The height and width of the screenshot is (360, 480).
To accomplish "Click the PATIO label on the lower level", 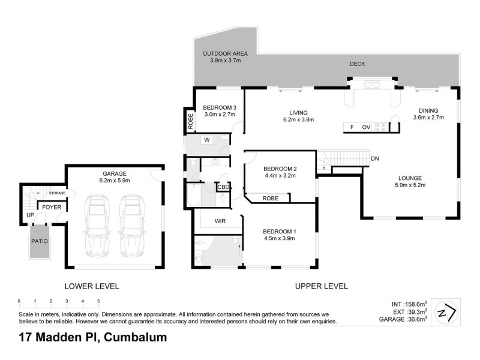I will (x=40, y=241).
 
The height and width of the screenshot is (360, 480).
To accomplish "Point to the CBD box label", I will (x=223, y=188).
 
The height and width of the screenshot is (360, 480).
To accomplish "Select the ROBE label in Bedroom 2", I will (x=269, y=197).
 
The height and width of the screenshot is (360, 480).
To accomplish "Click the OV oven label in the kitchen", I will (x=365, y=127).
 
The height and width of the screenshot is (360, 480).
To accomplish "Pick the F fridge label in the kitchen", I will (x=352, y=127).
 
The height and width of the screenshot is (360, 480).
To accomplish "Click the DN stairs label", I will (x=374, y=158).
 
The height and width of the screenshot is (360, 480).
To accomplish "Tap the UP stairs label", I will (x=29, y=214).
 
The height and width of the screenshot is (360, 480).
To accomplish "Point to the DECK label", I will (x=357, y=64).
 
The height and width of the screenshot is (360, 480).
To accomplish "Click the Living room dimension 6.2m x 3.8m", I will (x=298, y=120).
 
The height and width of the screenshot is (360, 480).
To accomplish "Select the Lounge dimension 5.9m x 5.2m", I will (x=410, y=186).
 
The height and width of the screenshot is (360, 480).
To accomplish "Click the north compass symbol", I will (x=446, y=312).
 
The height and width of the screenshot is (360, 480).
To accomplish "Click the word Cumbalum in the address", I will (x=136, y=338).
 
